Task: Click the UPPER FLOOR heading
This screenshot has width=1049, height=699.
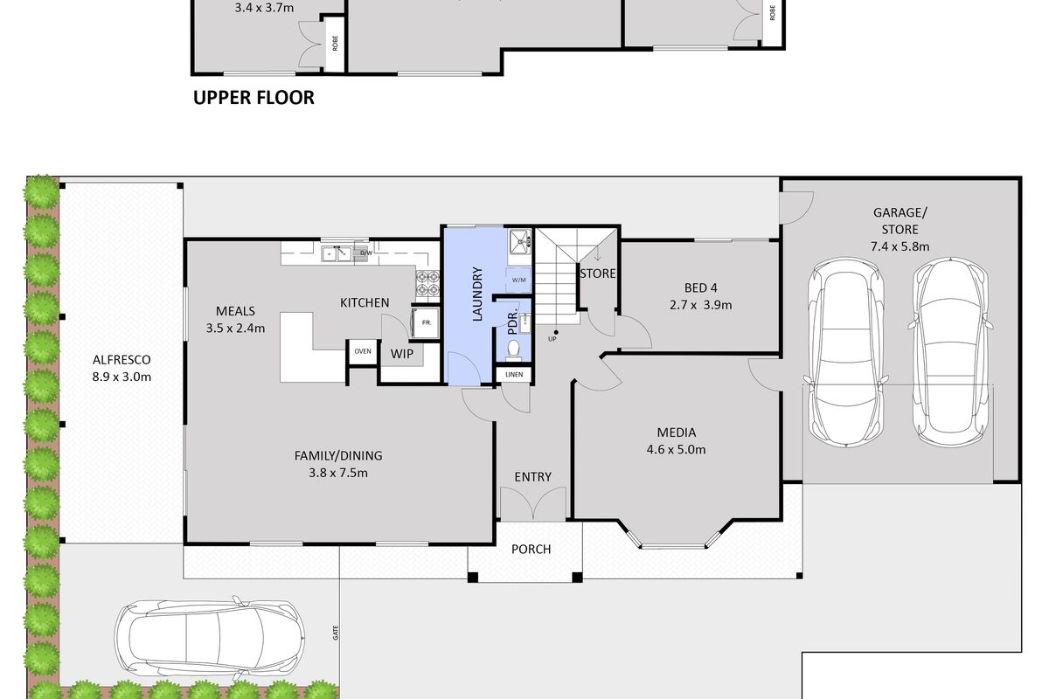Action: (254, 97)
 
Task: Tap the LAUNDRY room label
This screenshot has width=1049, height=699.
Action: (477, 294)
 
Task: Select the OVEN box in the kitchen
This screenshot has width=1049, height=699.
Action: (363, 351)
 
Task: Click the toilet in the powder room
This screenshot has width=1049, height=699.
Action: (514, 350)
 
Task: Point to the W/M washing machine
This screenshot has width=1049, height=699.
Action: (519, 280)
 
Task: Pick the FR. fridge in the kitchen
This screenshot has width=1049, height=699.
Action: (426, 322)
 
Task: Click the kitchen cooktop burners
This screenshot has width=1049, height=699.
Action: (427, 284)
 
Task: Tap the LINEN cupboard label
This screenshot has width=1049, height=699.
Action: (514, 375)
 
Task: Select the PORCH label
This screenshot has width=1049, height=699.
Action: (531, 550)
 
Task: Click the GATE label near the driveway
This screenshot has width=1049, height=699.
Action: (336, 633)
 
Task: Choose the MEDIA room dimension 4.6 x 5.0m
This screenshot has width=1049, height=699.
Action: (676, 449)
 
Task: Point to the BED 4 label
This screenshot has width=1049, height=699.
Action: (700, 288)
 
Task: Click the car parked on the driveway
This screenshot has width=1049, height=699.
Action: (209, 636)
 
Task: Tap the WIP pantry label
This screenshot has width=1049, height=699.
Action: (402, 354)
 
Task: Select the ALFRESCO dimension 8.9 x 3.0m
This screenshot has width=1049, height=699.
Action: (122, 377)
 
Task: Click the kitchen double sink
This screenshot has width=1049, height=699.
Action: (337, 253)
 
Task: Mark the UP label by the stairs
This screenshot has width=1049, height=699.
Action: (552, 339)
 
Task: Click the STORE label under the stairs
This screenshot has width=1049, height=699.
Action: (598, 273)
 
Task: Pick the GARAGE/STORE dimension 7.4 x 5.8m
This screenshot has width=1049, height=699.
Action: (900, 246)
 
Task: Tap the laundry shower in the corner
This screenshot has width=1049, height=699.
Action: (520, 241)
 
